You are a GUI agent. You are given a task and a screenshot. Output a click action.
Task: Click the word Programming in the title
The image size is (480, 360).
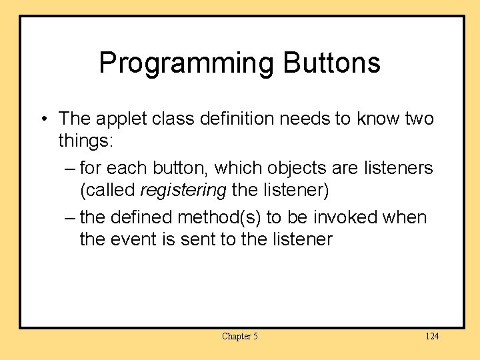click(186, 63)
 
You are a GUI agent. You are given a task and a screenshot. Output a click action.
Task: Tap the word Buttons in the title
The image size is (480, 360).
click(331, 63)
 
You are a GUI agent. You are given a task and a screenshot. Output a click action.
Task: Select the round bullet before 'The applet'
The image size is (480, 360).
click(43, 120)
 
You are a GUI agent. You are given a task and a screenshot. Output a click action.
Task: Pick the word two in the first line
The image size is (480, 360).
click(417, 119)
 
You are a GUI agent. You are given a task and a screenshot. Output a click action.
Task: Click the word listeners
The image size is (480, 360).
click(398, 168)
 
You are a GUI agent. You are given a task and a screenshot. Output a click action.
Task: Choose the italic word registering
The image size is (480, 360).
click(183, 190)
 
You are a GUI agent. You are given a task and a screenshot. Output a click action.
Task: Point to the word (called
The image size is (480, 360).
click(107, 190)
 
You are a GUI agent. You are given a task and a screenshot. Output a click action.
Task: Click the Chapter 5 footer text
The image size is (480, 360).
click(239, 336)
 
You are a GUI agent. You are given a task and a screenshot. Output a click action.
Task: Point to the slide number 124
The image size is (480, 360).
click(432, 336)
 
